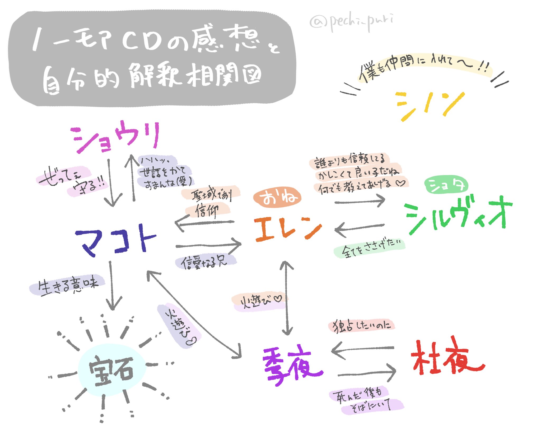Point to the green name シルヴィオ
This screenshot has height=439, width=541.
458,216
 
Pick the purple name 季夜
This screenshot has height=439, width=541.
292,365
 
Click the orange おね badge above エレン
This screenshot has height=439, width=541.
277,197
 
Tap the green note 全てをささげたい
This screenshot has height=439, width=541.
370,249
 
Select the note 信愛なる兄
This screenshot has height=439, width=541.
205,262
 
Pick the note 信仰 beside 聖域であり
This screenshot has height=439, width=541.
207,210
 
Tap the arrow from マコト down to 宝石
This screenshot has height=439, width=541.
112,286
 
